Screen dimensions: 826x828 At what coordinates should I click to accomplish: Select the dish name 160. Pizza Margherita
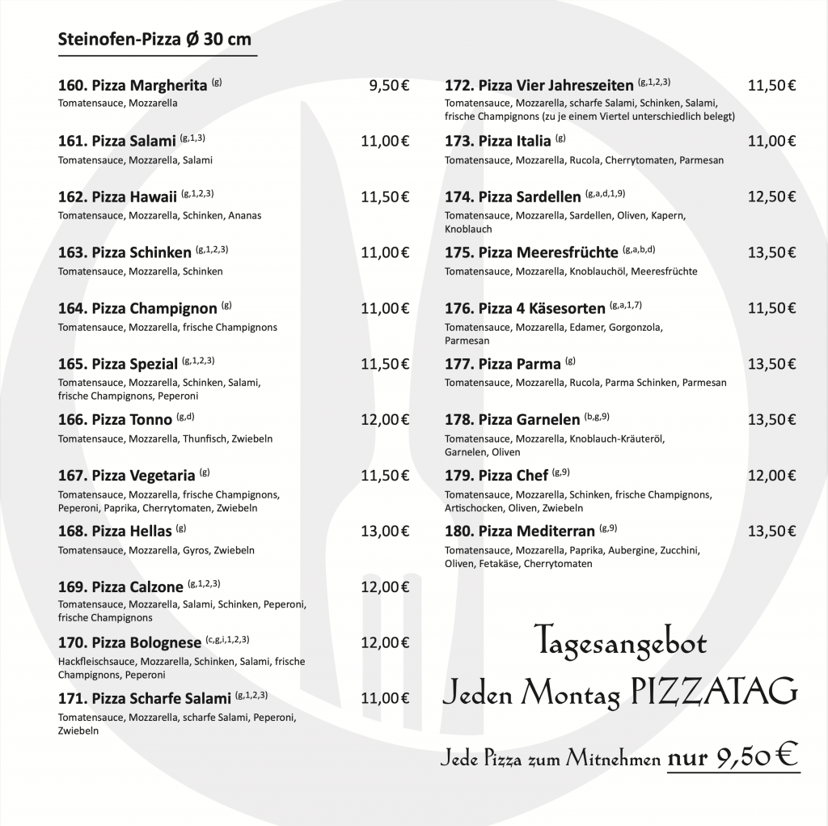point(133,85)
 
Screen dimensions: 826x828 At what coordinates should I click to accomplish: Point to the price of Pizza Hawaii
point(385,197)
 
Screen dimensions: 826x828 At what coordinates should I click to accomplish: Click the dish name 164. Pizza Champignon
point(137,308)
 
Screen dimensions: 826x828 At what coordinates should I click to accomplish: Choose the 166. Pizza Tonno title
point(115,419)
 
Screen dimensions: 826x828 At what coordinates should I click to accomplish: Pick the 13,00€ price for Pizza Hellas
point(385,532)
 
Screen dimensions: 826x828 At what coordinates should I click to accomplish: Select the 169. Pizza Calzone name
point(120,587)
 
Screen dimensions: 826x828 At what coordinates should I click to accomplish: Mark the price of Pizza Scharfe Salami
point(385,697)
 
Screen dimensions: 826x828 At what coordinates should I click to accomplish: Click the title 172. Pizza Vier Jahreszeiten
point(539,85)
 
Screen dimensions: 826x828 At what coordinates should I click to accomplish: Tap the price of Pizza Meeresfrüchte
point(772,252)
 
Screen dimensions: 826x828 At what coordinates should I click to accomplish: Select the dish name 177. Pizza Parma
point(502,364)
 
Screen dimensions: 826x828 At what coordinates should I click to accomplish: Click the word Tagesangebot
point(620,644)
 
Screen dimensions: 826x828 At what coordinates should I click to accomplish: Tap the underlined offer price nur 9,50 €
point(733,758)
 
